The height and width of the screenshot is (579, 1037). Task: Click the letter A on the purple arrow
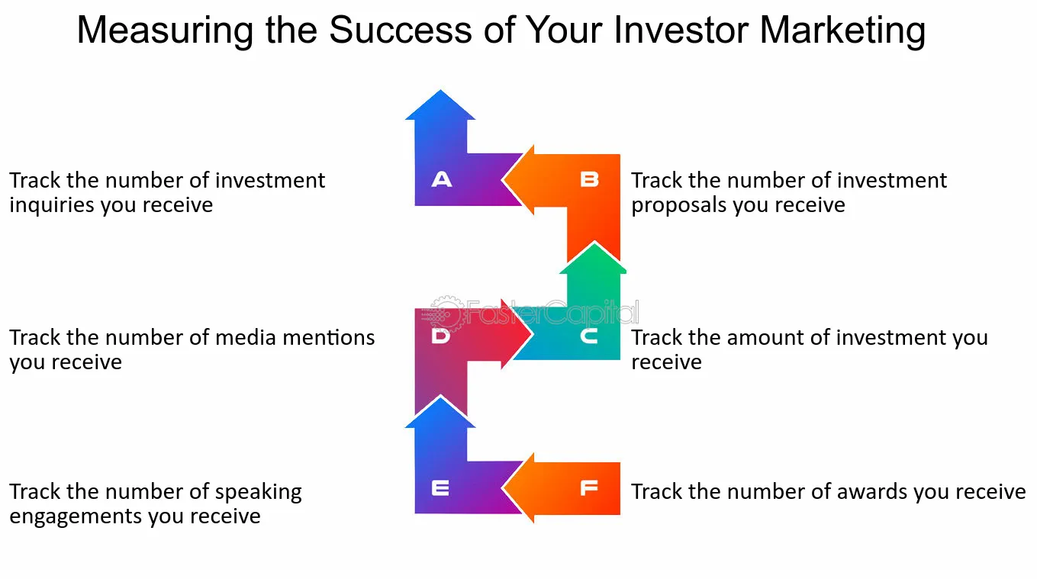coord(442,179)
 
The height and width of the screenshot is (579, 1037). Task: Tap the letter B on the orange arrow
coord(589,179)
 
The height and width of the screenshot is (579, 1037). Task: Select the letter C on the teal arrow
coord(589,336)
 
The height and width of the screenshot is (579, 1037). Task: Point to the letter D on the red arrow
coord(440,336)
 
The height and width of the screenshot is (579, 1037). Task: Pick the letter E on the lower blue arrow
coord(440,487)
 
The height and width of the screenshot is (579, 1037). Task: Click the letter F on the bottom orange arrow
coord(589,487)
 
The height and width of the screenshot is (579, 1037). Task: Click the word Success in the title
coord(401,30)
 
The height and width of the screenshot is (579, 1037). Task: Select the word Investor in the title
coord(680,30)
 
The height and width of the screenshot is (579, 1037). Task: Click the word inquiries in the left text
coord(51,204)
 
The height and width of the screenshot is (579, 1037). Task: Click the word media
coord(246,337)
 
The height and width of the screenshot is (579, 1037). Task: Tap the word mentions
coord(329,337)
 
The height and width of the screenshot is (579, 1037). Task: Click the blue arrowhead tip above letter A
coord(440,90)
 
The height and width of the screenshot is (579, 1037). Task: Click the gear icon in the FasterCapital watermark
coord(446,314)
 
